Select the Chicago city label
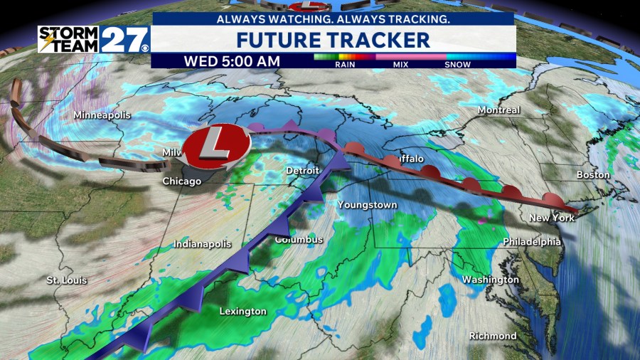click(x=181, y=181)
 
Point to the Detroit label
click(x=303, y=171)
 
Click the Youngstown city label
click(x=367, y=205)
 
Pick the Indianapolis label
click(x=203, y=244)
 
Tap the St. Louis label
click(x=67, y=280)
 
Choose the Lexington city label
click(x=242, y=311)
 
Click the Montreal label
click(x=498, y=110)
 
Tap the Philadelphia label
click(x=532, y=242)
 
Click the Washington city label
click(x=491, y=280)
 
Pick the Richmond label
click(x=493, y=335)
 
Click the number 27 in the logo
click(x=124, y=39)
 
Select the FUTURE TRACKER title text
click(x=333, y=39)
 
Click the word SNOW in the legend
click(x=458, y=65)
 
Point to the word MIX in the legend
click(x=401, y=65)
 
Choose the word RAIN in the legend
click(x=344, y=65)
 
